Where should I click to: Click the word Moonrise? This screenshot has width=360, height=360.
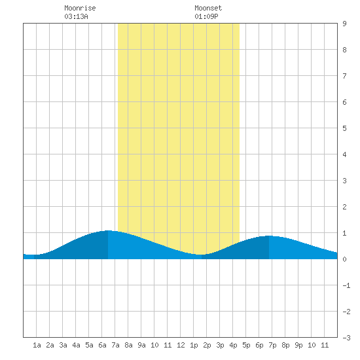[x=80, y=8]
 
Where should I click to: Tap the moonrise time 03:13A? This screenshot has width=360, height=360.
[x=76, y=16]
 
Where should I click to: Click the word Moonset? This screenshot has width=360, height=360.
[x=208, y=8]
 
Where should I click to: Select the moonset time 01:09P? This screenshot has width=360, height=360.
[x=206, y=16]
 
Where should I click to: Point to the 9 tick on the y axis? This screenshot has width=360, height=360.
[x=344, y=24]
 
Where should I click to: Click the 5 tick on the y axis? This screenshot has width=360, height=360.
[x=344, y=128]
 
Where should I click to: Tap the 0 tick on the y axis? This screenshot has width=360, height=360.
[x=344, y=259]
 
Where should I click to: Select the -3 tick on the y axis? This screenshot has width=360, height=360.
[x=346, y=338]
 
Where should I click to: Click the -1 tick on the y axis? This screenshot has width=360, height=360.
[x=346, y=285]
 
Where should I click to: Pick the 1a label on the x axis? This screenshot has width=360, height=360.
[x=37, y=345]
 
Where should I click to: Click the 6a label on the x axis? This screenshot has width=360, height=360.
[x=102, y=345]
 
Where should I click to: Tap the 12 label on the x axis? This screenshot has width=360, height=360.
[x=181, y=345]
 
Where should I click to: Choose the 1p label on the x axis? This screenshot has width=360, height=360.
[x=194, y=345]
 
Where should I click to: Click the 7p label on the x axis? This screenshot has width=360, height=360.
[x=272, y=345]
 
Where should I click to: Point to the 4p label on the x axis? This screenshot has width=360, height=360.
[x=233, y=345]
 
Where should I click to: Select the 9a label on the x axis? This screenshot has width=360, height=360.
[x=141, y=345]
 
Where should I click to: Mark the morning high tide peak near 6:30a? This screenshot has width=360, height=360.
[x=108, y=230]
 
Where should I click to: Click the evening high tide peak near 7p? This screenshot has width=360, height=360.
[x=269, y=236]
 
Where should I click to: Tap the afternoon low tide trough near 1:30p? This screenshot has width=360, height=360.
[x=200, y=255]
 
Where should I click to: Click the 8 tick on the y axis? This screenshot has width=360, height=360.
[x=344, y=50]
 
